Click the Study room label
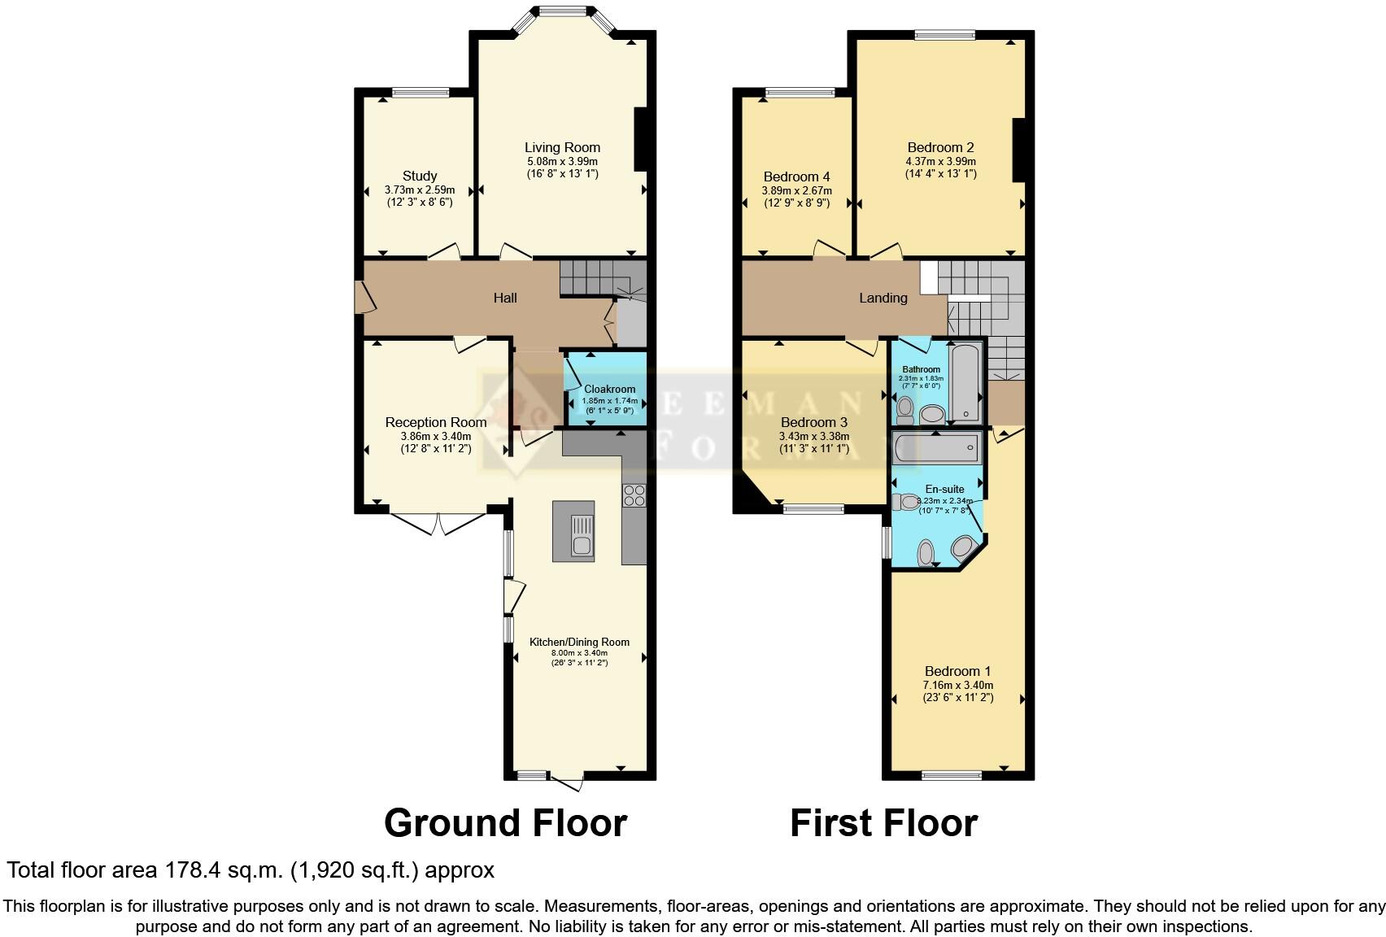coord(420,176)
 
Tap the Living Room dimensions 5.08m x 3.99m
coord(561,161)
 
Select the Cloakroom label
coord(609,389)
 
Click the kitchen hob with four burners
coord(634,495)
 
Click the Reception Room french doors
coord(438,522)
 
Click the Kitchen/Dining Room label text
coord(579,642)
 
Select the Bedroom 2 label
coord(940,147)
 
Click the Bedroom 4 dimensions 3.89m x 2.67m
coord(796,190)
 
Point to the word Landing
coord(883,298)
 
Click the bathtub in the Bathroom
coord(966,383)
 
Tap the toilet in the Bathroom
coord(905,406)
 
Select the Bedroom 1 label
coord(957,671)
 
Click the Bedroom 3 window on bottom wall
coord(813,510)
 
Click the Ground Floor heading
coord(505,823)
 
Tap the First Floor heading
coord(883,823)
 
